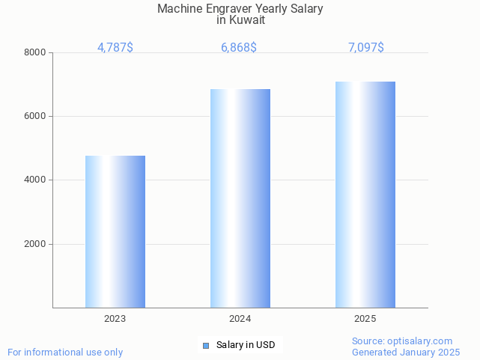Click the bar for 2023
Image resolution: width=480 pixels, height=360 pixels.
115,231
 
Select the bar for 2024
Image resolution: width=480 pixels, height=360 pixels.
240,198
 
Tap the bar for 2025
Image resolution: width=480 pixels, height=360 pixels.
365,195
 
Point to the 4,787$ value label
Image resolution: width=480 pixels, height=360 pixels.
115,48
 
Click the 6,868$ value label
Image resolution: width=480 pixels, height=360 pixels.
239,48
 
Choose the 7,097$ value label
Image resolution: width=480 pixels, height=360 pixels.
366,48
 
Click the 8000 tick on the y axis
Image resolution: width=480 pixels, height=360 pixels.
34,52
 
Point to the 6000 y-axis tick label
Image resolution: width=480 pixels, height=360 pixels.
34,116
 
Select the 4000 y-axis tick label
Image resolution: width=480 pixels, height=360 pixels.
34,180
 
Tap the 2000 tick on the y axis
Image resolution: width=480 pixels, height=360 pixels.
34,244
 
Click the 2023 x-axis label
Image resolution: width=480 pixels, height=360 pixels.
115,319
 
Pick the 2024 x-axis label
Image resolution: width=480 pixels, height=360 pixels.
240,319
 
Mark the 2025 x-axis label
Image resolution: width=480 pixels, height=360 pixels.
365,319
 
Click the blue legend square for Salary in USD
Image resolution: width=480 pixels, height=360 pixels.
206,345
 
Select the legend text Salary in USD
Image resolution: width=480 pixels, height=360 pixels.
246,345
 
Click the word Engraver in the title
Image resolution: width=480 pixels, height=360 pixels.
228,9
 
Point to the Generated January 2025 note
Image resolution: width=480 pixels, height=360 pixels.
406,352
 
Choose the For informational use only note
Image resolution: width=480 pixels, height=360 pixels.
65,352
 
